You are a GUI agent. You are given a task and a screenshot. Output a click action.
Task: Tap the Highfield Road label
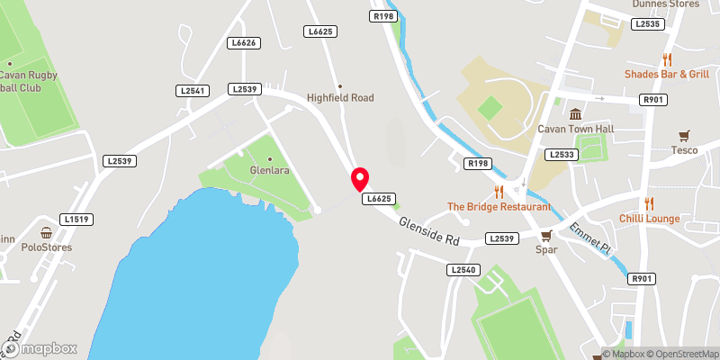(x=340, y=97)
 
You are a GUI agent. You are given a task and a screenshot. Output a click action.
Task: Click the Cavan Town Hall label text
(x=575, y=129)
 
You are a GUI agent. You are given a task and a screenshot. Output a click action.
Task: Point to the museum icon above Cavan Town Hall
(x=575, y=113)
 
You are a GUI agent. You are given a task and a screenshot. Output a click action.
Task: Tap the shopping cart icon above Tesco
(x=685, y=135)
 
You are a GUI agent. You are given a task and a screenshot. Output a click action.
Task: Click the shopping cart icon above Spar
(x=545, y=235)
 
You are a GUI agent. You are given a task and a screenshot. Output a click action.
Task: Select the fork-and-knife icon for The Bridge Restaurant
(x=498, y=191)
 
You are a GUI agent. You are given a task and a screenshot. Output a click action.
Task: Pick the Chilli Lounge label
(x=649, y=219)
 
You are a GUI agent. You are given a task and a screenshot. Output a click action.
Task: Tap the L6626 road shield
(x=244, y=42)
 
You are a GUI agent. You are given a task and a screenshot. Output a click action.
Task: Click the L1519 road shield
(x=77, y=219)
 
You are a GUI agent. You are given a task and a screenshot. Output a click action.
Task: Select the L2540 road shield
(x=463, y=269)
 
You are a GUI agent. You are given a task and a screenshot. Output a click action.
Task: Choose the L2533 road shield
(x=561, y=155)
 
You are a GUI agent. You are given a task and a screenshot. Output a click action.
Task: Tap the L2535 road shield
(x=647, y=24)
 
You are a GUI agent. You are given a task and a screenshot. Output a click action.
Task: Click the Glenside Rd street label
(x=429, y=229)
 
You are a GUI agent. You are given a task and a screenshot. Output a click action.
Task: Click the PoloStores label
(x=47, y=247)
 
